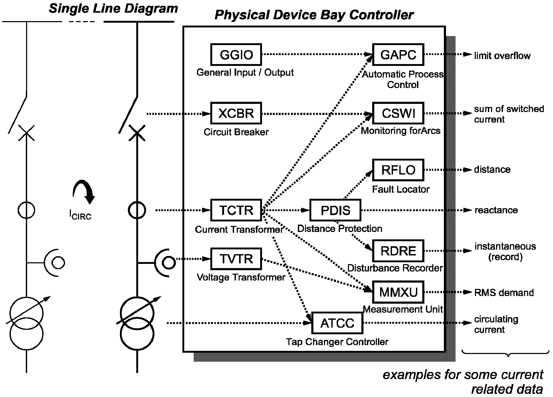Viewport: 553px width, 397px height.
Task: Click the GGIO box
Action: (236, 55)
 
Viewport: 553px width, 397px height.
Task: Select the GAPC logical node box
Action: (398, 55)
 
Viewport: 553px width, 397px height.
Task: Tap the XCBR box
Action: (236, 113)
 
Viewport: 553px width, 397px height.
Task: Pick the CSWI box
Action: (398, 113)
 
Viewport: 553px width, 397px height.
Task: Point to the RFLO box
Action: (398, 170)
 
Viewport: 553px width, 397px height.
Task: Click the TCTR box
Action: (236, 210)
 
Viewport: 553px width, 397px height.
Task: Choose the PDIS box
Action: (335, 210)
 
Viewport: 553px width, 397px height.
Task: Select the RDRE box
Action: (398, 251)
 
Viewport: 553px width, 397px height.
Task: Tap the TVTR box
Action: (236, 259)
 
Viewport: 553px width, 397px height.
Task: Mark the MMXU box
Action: (398, 292)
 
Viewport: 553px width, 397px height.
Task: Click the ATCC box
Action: (337, 323)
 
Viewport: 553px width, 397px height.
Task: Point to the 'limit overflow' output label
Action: (502, 56)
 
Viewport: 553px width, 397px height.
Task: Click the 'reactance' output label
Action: (496, 210)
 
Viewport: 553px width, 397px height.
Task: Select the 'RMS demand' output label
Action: (504, 293)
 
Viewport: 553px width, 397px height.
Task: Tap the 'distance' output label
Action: (492, 169)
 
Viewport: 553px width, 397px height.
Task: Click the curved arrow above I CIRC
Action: (84, 191)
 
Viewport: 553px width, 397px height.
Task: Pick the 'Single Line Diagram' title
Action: (113, 8)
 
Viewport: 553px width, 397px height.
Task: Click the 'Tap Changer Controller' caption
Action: (337, 342)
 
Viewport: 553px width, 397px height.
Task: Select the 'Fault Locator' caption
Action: (401, 189)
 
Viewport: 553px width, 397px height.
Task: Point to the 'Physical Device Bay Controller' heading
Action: (314, 15)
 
